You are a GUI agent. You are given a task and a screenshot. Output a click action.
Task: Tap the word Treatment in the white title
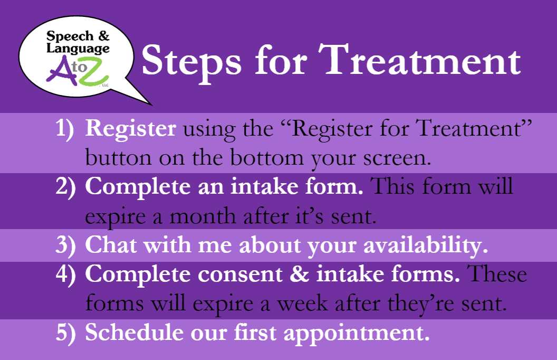419,60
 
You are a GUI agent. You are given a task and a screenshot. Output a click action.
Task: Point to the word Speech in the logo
69,36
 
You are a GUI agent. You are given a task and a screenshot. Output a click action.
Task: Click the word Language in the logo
78,49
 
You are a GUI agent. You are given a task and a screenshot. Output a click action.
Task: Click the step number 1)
65,129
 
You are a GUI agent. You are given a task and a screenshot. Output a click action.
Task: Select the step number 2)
66,187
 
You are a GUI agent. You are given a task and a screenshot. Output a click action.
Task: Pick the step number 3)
66,245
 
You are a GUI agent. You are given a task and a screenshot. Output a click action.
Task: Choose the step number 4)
66,274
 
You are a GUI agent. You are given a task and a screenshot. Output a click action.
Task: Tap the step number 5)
66,333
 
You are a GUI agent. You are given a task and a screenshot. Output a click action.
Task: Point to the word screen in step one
397,158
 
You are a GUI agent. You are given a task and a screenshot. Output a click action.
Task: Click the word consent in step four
240,274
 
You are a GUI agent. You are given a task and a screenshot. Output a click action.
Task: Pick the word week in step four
302,304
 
